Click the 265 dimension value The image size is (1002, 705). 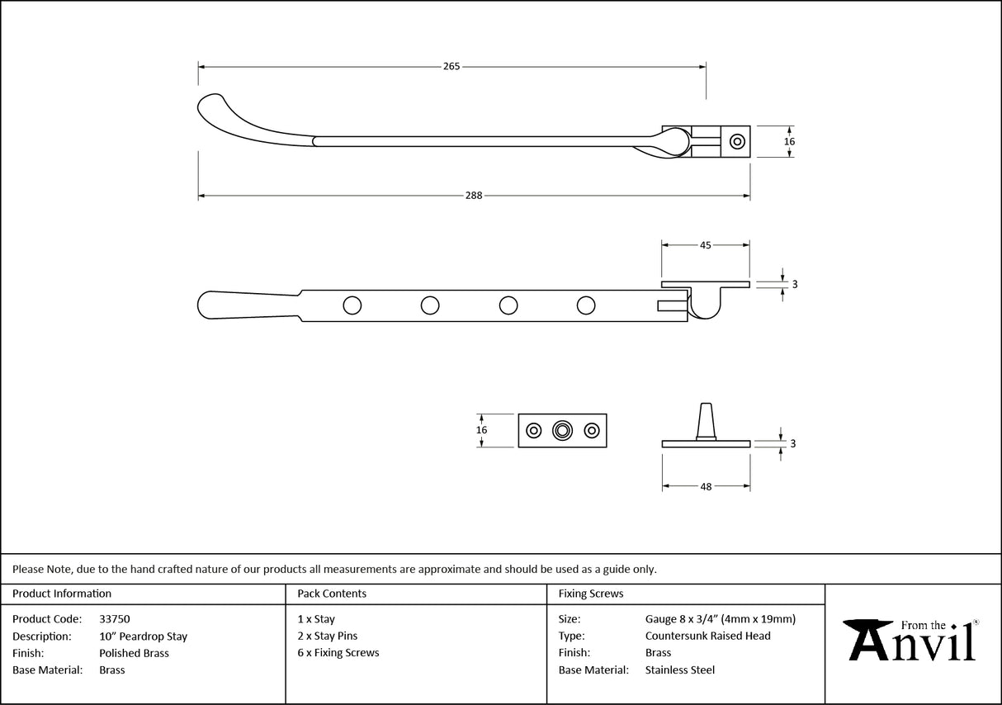coord(451,66)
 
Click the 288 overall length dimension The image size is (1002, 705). coord(474,196)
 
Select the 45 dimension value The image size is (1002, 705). coord(706,245)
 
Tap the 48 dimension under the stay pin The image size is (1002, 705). coord(706,487)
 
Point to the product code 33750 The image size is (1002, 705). coord(114,619)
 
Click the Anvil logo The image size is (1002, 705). coord(913,641)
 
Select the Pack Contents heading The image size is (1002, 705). coord(332,594)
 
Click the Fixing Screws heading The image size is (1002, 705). coord(591,594)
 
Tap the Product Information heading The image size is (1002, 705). coord(62,594)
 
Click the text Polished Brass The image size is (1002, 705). coord(134,653)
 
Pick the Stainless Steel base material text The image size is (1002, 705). coord(680,670)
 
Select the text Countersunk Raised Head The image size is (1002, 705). coord(707,636)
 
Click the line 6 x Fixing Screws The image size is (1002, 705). coord(338,653)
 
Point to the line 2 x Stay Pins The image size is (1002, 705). coord(328,636)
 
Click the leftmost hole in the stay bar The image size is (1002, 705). coord(352,305)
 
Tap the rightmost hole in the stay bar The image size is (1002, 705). coord(586,305)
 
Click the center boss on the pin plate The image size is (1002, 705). coord(563,430)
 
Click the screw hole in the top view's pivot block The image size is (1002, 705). coord(736,141)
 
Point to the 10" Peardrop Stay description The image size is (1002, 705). coord(143,636)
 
